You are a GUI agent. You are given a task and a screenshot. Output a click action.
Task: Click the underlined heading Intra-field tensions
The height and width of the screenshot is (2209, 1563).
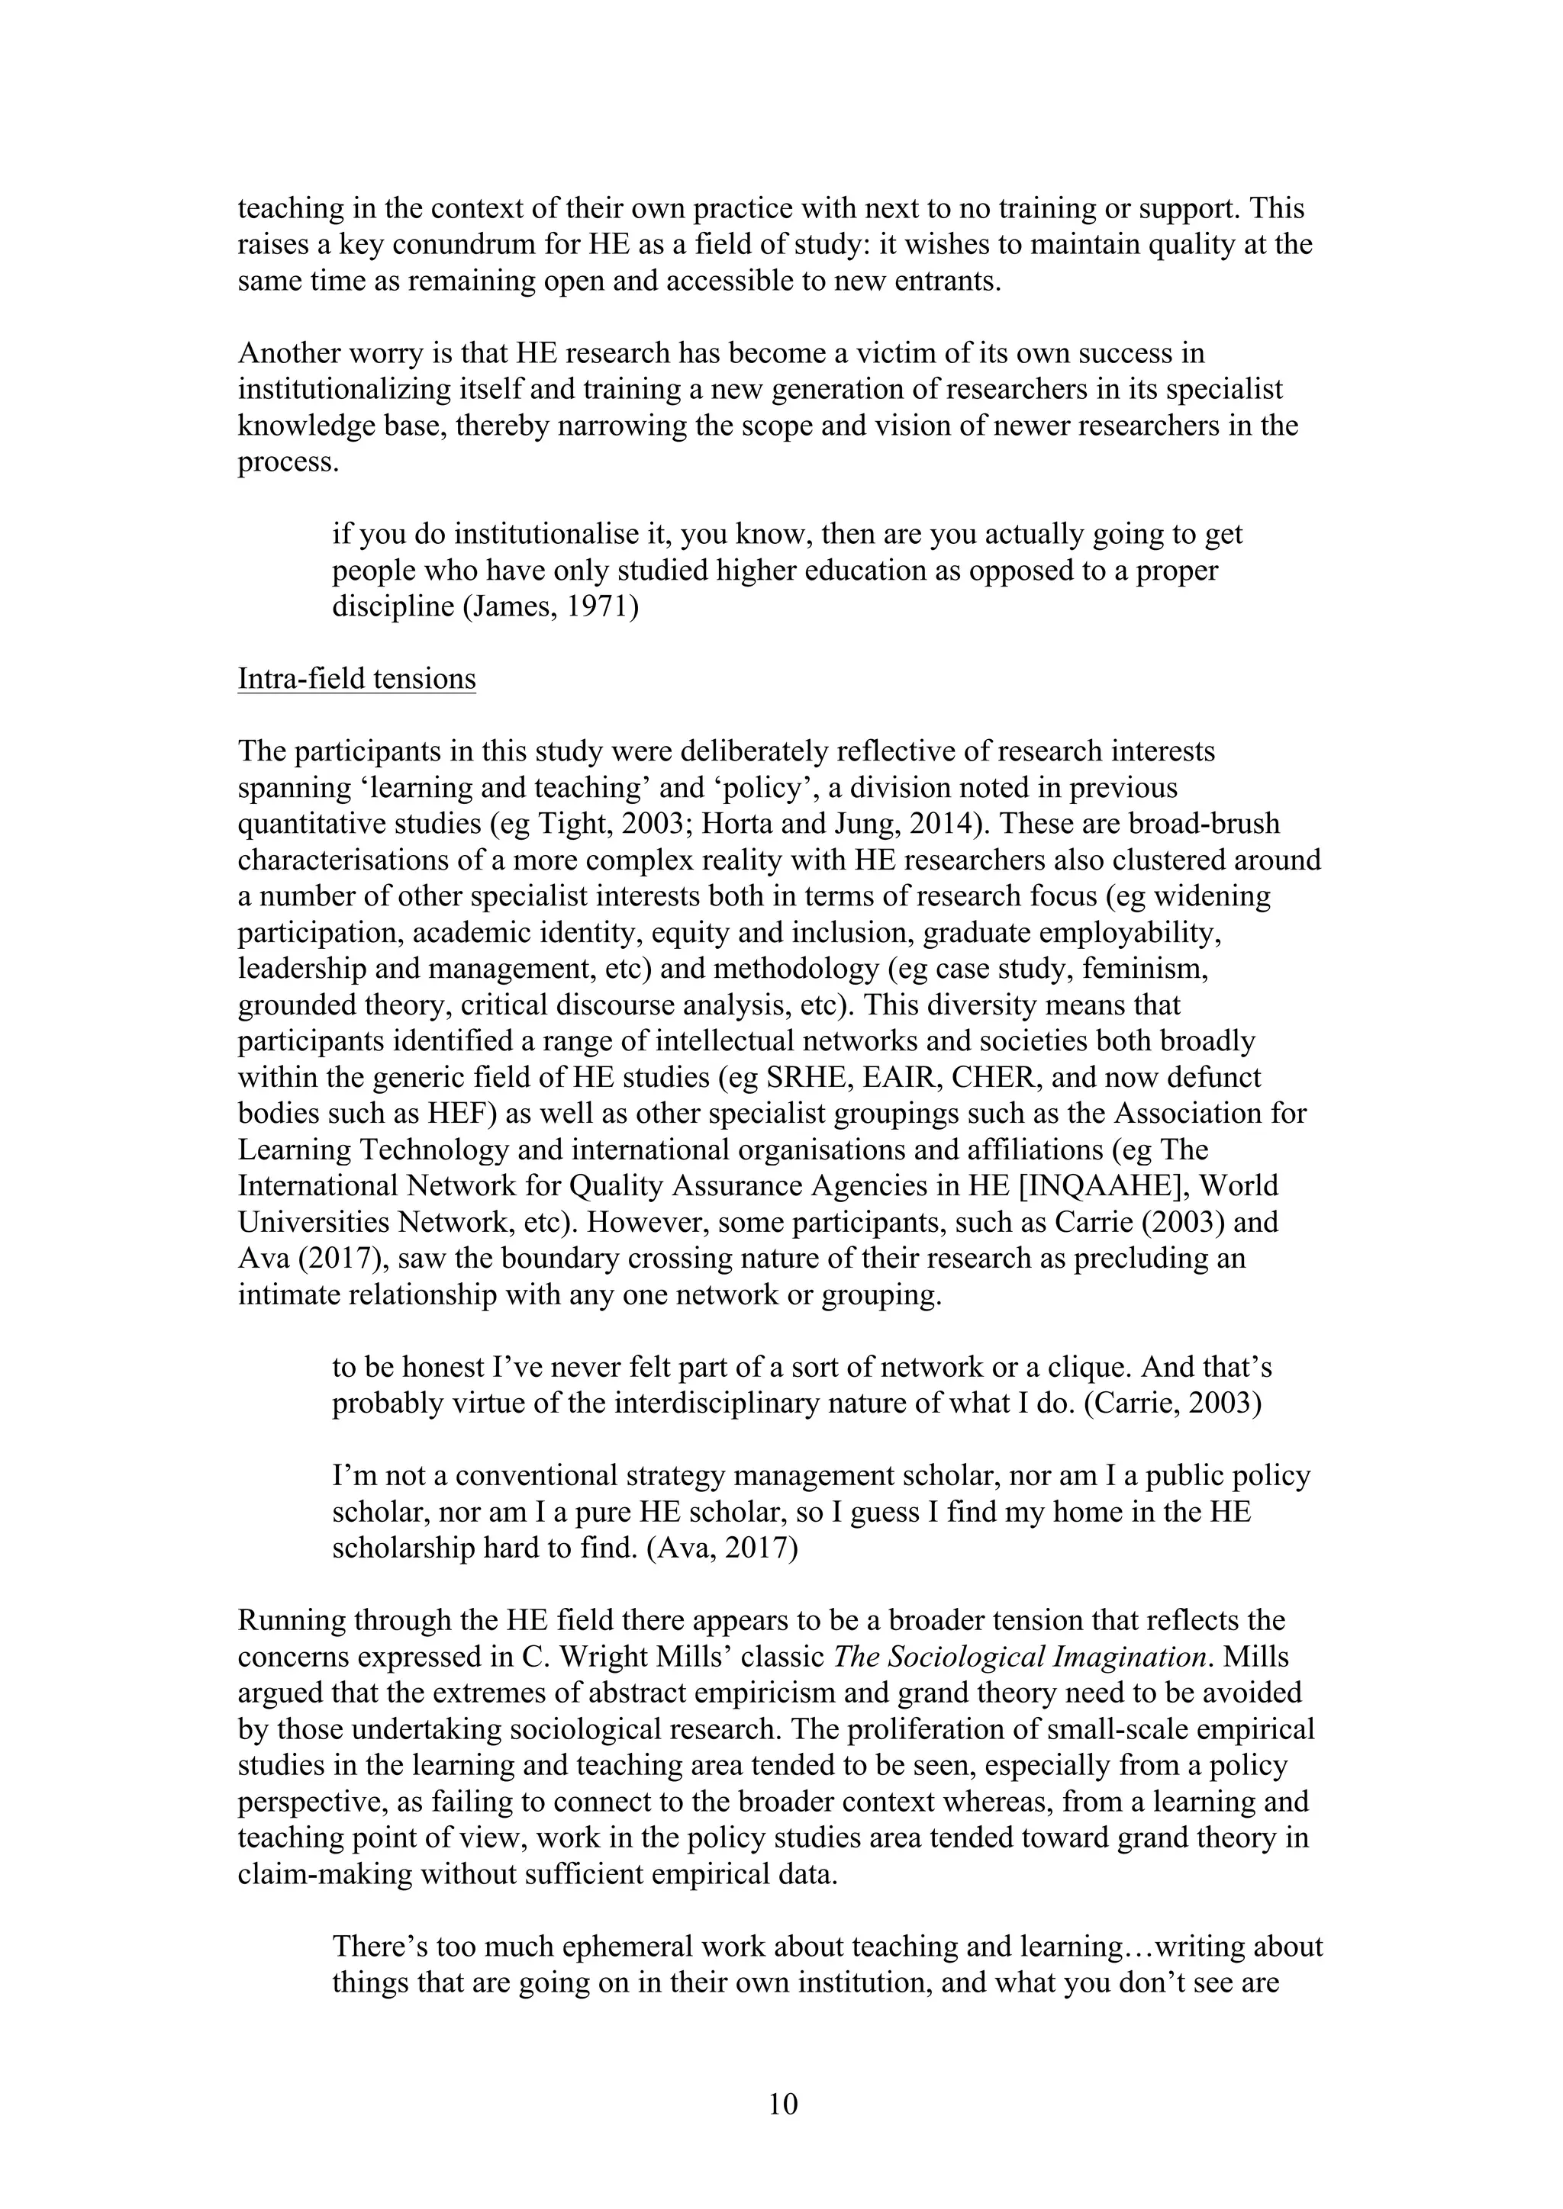point(356,679)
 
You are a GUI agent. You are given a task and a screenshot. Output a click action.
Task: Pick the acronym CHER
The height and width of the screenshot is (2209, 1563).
point(992,1078)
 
